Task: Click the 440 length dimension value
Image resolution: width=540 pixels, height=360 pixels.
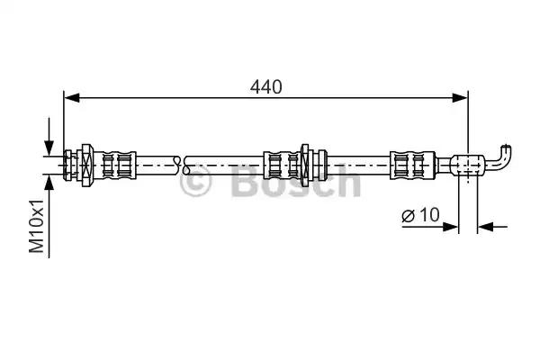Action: point(265,86)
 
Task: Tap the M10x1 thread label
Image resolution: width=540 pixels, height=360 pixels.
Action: point(37,226)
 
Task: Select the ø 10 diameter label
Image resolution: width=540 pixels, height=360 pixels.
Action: point(420,215)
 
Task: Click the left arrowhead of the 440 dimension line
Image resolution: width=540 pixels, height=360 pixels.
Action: point(72,98)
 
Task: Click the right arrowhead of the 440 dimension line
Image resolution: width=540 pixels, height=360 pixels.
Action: point(460,98)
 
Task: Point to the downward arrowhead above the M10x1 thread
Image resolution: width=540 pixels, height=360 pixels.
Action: point(49,148)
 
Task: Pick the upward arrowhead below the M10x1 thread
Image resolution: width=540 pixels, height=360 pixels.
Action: point(49,183)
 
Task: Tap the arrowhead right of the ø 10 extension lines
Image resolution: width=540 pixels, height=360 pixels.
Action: point(485,227)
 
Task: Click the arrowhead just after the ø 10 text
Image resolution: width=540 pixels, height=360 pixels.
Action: point(451,227)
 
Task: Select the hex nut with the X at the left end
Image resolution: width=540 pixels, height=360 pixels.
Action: point(87,165)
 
